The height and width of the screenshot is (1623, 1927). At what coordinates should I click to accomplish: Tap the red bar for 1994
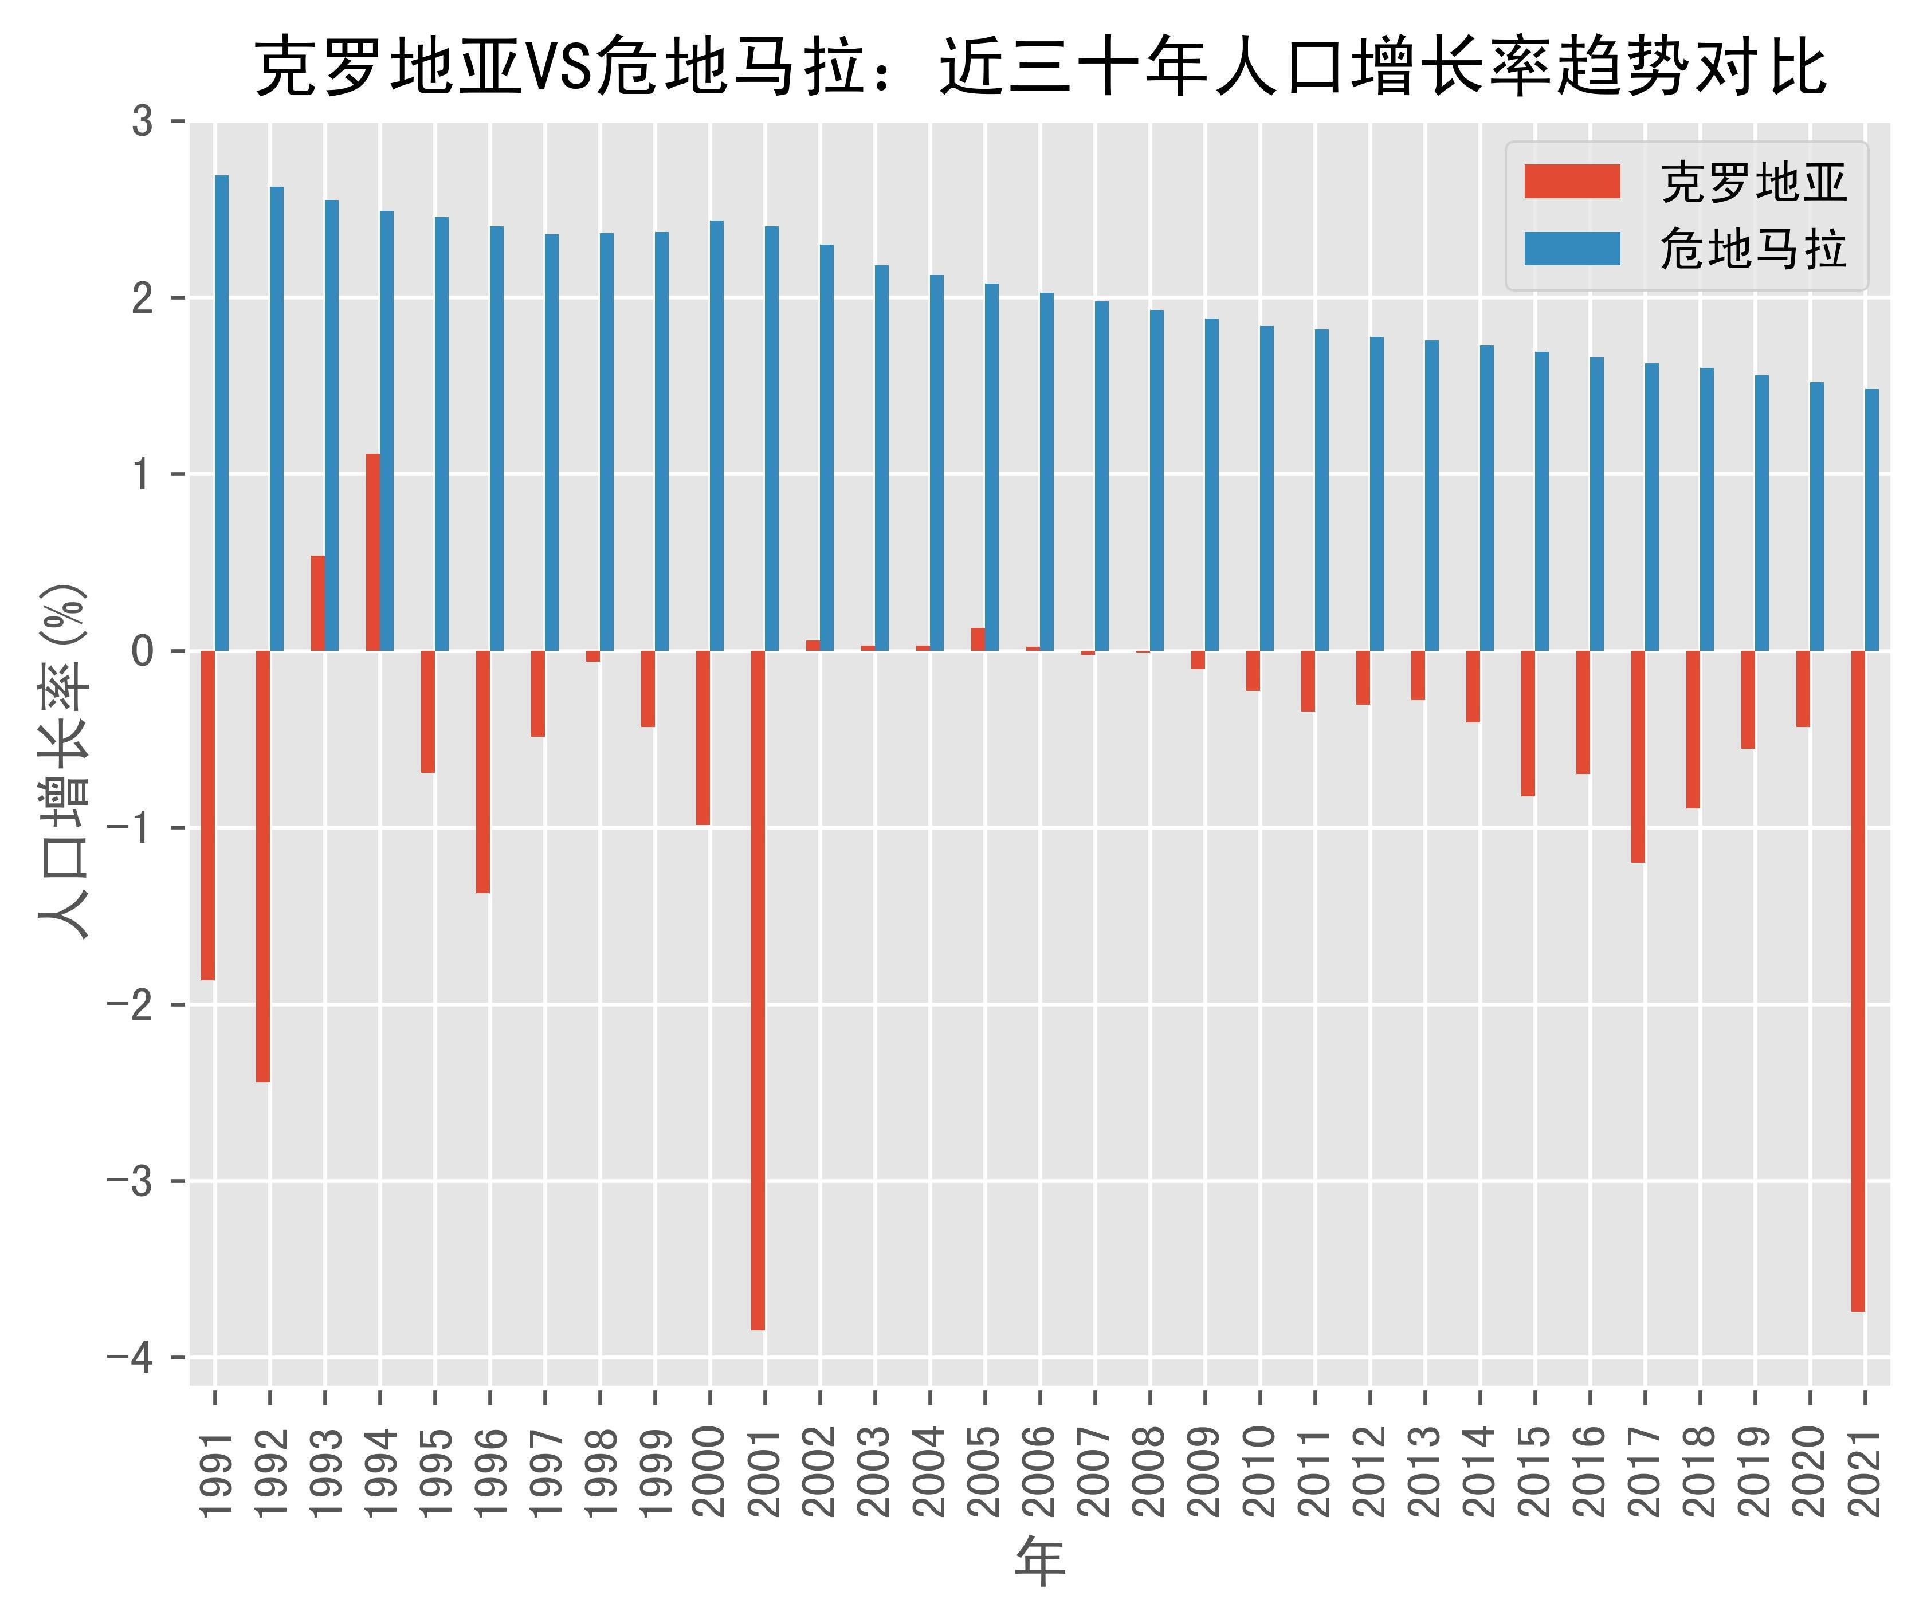372,552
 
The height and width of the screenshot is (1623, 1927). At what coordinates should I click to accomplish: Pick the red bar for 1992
263,866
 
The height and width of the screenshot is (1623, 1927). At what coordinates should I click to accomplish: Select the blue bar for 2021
1872,520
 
